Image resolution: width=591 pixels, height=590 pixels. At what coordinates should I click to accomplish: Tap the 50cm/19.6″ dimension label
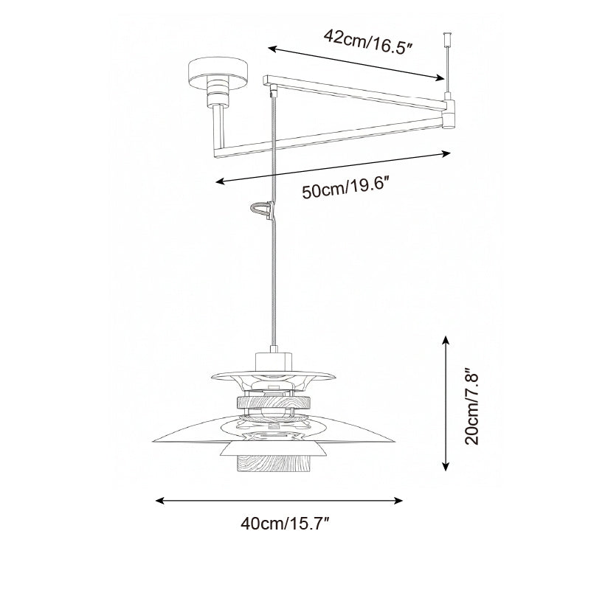click(x=345, y=188)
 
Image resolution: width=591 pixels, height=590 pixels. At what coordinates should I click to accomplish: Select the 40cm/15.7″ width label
click(x=285, y=524)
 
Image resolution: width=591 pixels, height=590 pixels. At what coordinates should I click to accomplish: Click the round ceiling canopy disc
click(x=218, y=74)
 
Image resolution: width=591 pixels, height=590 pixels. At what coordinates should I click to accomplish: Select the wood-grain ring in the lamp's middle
click(x=273, y=403)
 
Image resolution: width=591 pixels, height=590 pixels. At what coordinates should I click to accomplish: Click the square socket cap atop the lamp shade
click(x=274, y=361)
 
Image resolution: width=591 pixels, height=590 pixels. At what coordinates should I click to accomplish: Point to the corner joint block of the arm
click(x=449, y=114)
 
